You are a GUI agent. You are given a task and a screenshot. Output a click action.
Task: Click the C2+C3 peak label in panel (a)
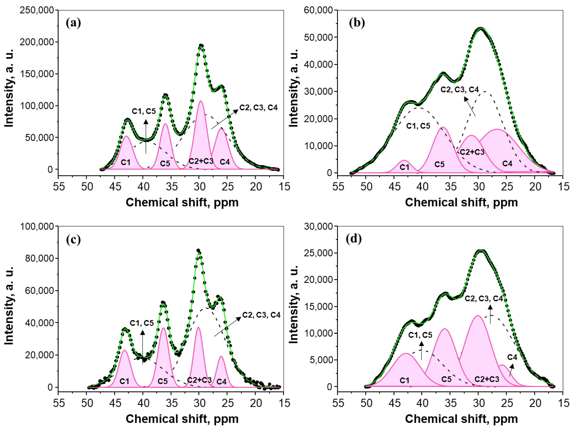coord(201,161)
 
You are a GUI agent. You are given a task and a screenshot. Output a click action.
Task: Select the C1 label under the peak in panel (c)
coord(124,381)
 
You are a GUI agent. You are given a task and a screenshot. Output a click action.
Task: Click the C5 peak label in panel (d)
coord(446,379)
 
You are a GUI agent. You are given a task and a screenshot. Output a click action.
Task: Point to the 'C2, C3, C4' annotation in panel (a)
coord(258,108)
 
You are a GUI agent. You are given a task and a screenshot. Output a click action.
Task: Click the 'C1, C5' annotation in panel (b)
coord(418,126)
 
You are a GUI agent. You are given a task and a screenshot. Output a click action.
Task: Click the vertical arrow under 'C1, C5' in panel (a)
coord(146,136)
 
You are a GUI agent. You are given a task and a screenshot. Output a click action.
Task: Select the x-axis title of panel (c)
coord(182,419)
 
